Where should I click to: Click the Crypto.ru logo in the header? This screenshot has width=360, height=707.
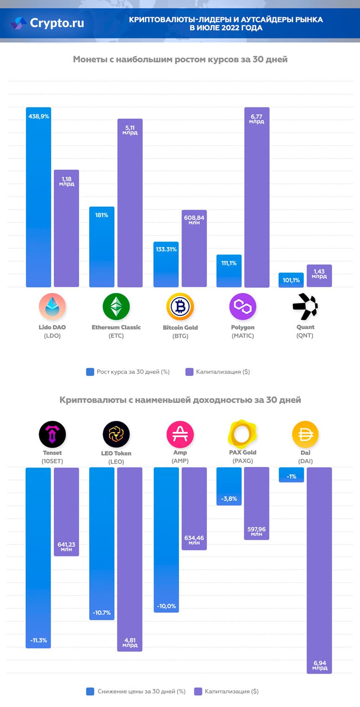pos(48,23)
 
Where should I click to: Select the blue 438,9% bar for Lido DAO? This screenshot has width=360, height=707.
pos(38,197)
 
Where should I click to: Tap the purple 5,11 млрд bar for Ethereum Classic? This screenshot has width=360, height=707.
pos(130,203)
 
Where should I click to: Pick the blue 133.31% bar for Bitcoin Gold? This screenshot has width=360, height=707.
pos(166,264)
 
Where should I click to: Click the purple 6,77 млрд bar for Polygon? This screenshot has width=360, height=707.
pos(256,197)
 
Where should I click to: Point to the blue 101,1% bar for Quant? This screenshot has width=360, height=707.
pos(291,280)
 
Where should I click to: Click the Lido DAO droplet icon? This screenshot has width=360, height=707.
pos(52,307)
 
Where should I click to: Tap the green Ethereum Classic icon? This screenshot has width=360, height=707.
pos(116,307)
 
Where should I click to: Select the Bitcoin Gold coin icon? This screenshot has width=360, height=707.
pos(180,307)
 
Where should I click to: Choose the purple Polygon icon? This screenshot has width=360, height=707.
pos(243,307)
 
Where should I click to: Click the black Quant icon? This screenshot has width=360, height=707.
pos(305,307)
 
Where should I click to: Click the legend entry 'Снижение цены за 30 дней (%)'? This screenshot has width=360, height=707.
pos(136,691)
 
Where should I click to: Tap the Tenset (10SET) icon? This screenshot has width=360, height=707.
pos(52,434)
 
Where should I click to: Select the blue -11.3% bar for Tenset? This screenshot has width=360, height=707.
pos(38,557)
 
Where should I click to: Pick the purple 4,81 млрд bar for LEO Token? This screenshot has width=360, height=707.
pos(130,559)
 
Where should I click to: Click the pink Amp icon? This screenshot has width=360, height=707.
pos(180,434)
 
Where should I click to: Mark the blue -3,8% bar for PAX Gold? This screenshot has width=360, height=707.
pos(229,486)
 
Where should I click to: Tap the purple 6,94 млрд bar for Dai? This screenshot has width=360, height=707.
pos(319,570)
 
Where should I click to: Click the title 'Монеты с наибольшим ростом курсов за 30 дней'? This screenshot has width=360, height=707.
pos(180,59)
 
